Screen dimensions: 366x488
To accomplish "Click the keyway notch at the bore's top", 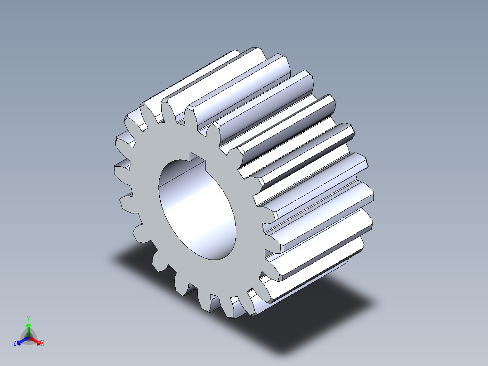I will [197, 158].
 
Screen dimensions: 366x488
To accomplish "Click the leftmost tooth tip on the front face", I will [119, 169].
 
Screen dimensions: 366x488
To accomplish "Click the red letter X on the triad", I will [43, 343].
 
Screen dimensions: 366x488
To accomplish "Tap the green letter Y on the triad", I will [29, 318].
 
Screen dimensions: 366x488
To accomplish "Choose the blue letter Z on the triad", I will [15, 343].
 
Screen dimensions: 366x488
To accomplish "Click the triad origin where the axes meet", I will [29, 337].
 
